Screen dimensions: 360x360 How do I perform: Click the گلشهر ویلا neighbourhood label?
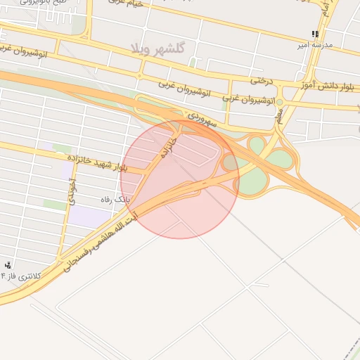(x=157, y=47)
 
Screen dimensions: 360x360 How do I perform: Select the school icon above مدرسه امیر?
(x=316, y=33)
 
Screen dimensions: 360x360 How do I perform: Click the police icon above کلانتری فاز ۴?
(x=8, y=265)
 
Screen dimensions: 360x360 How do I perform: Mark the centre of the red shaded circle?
(x=179, y=179)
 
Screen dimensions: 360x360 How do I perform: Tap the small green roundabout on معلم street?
(x=279, y=103)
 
